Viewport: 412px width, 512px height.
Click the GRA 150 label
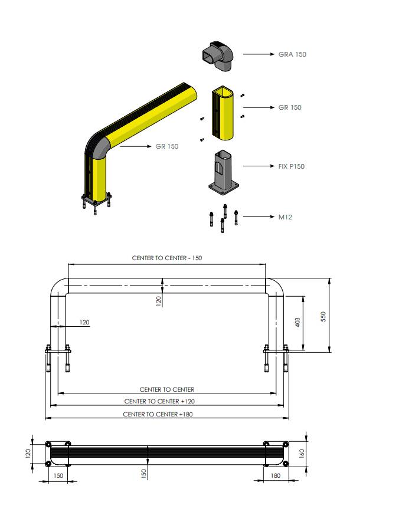pyautogui.click(x=292, y=54)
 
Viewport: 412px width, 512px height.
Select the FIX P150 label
pyautogui.click(x=291, y=166)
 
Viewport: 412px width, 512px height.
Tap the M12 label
pyautogui.click(x=285, y=217)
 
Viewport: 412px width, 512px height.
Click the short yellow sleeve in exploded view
pyautogui.click(x=223, y=113)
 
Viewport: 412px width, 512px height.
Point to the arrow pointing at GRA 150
pyautogui.click(x=259, y=54)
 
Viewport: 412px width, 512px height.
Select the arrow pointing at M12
pyautogui.click(x=259, y=217)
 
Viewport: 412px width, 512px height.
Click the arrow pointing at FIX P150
pyautogui.click(x=259, y=166)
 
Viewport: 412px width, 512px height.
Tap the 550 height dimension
pyautogui.click(x=323, y=316)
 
